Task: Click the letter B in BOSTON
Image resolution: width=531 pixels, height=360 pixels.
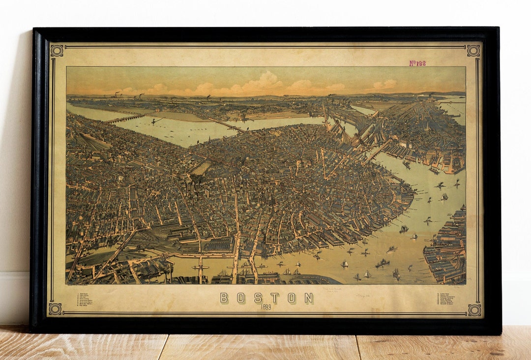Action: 224,298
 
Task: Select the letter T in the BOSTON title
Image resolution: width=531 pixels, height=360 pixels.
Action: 274,298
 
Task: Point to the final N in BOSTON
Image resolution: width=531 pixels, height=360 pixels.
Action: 308,298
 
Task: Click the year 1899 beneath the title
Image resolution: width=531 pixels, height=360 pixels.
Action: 266,307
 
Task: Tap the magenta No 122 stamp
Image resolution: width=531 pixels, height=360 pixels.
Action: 417,63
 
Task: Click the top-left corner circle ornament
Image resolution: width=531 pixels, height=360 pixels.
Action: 57,51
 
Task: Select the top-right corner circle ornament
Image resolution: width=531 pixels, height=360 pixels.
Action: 473,51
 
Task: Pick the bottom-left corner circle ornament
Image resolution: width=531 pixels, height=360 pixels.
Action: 55,309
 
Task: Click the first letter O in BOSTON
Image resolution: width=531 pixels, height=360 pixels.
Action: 241,298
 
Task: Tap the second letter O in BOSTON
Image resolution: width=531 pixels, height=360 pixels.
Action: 292,298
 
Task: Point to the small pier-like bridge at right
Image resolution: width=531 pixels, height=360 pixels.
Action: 379,150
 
